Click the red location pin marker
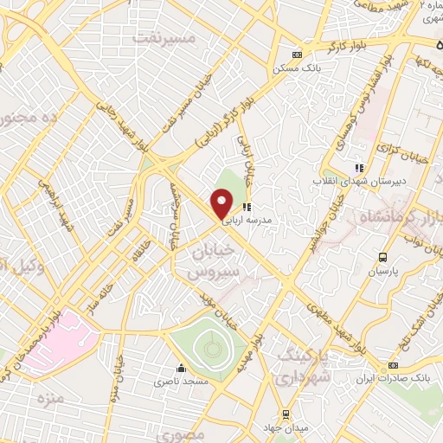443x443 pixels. (222, 205)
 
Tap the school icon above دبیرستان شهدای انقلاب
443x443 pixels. (359, 168)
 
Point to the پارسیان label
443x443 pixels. (382, 271)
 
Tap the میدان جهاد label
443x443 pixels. (286, 427)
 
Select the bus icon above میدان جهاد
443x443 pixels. (286, 414)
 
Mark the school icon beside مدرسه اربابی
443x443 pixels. (246, 207)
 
